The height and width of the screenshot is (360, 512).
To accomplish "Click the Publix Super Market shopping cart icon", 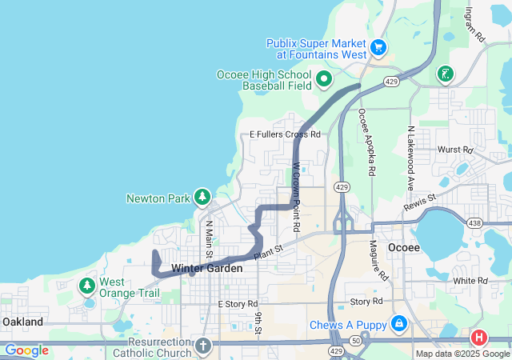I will (379, 48).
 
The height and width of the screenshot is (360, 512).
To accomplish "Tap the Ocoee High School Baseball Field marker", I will (324, 78).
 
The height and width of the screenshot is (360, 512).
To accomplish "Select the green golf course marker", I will (445, 75).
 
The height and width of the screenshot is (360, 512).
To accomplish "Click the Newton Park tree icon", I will (202, 197).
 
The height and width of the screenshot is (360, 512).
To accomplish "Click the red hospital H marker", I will (479, 338).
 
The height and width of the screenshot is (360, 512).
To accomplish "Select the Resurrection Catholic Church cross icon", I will (202, 346).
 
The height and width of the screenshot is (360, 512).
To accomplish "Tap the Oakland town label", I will (23, 321).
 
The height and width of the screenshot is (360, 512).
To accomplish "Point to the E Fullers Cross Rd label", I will (285, 134).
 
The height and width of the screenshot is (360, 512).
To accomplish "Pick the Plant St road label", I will (269, 253).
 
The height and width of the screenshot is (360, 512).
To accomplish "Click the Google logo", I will (26, 350).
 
